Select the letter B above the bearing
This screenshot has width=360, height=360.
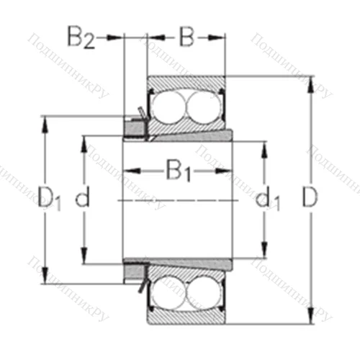point(186,37)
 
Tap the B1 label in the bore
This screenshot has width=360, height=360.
point(178,171)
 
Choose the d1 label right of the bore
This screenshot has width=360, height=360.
point(268,199)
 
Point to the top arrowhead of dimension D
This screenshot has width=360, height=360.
point(311,81)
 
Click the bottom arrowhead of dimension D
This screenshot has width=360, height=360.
point(311,318)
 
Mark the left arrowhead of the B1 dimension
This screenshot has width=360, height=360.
point(129,171)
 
